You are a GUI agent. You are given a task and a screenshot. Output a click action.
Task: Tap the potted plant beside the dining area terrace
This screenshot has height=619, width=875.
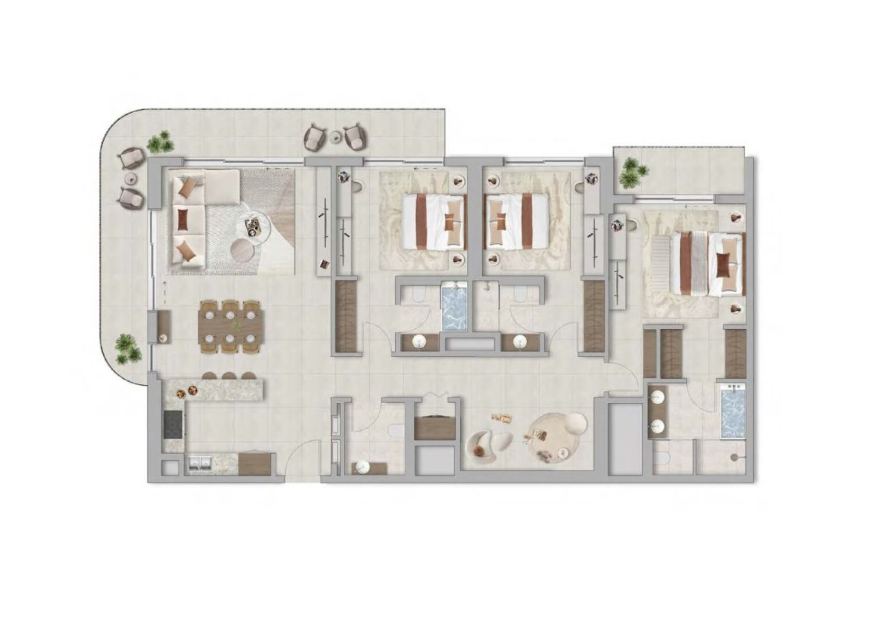pyautogui.click(x=126, y=348)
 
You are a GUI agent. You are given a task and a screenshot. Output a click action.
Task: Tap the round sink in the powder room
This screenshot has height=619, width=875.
pyautogui.click(x=362, y=467)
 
